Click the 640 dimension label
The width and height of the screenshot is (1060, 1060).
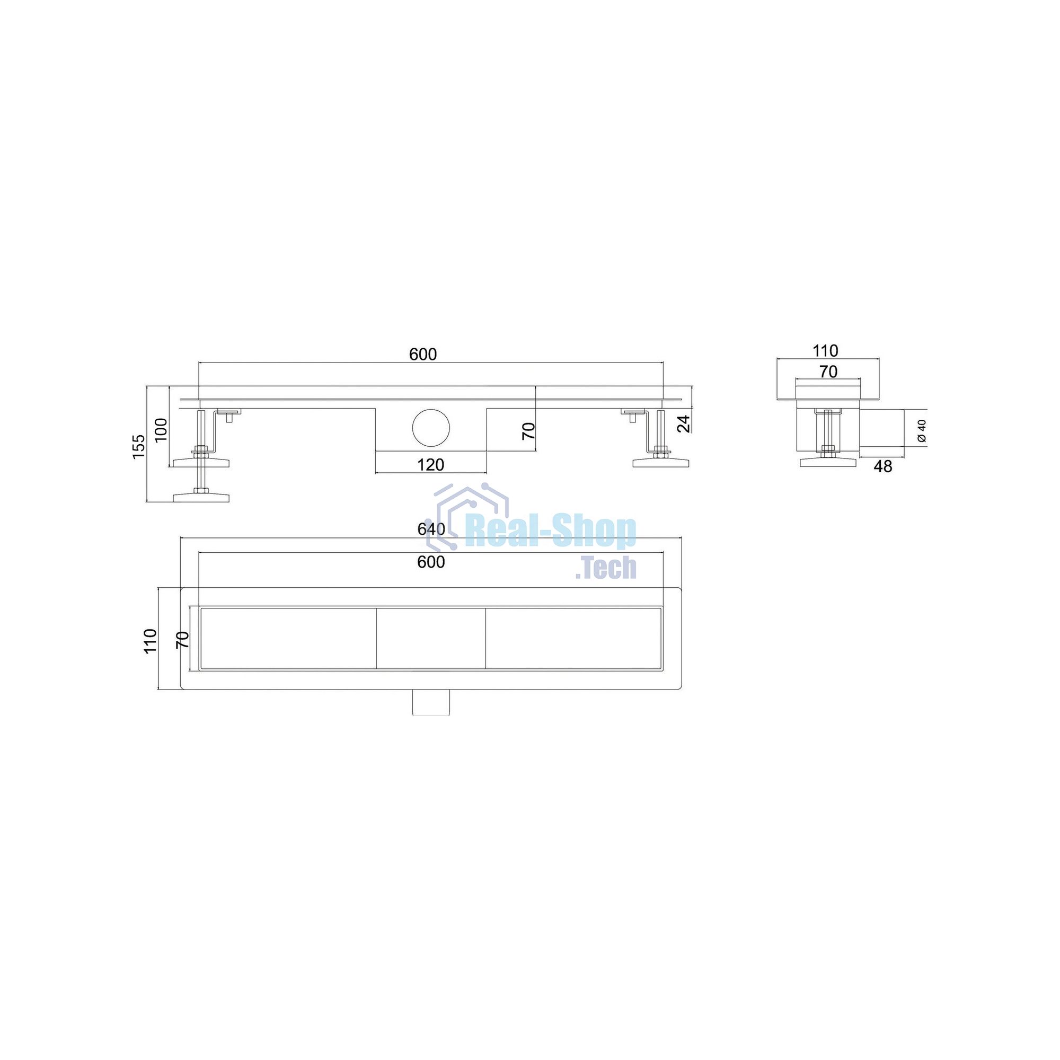point(431,529)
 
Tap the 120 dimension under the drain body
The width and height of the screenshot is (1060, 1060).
point(431,465)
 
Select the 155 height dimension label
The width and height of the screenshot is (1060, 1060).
point(139,447)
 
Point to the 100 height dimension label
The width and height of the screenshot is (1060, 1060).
point(161,430)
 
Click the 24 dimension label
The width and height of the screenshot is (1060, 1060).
point(683,423)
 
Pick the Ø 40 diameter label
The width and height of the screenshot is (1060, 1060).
point(922,431)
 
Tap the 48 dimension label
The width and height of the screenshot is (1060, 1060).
point(883,466)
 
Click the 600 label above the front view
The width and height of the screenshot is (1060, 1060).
point(423,355)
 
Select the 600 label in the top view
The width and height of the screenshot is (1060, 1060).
point(431,562)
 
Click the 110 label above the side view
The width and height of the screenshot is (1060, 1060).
point(825,350)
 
